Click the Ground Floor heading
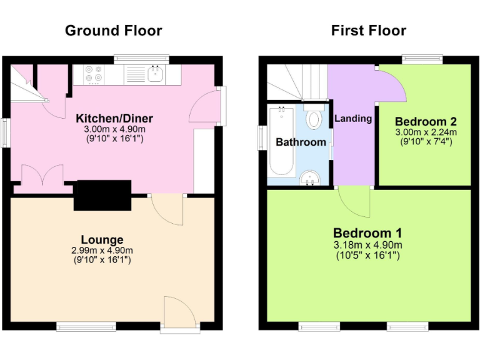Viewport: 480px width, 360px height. [113, 31]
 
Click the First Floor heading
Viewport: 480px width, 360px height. [368, 31]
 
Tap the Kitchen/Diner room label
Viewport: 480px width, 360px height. [114, 119]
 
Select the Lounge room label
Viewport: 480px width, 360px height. [102, 239]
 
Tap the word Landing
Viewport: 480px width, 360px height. [353, 118]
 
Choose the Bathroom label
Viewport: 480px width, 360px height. [301, 142]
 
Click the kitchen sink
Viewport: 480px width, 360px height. [156, 75]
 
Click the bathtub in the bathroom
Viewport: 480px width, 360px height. [281, 141]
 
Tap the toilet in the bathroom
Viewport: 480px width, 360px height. [314, 118]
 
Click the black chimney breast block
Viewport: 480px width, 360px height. [102, 195]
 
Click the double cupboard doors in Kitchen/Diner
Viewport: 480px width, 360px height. [42, 174]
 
